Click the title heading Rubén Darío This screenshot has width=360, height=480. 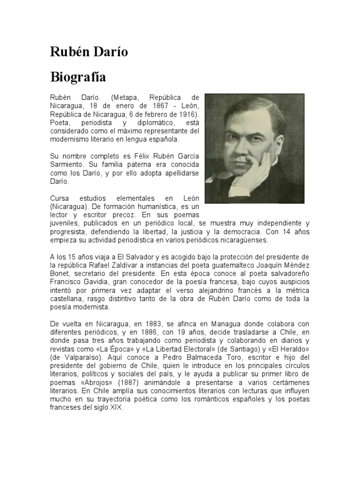(89, 52)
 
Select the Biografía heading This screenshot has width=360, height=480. (78, 76)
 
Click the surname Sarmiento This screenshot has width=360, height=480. (67, 165)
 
